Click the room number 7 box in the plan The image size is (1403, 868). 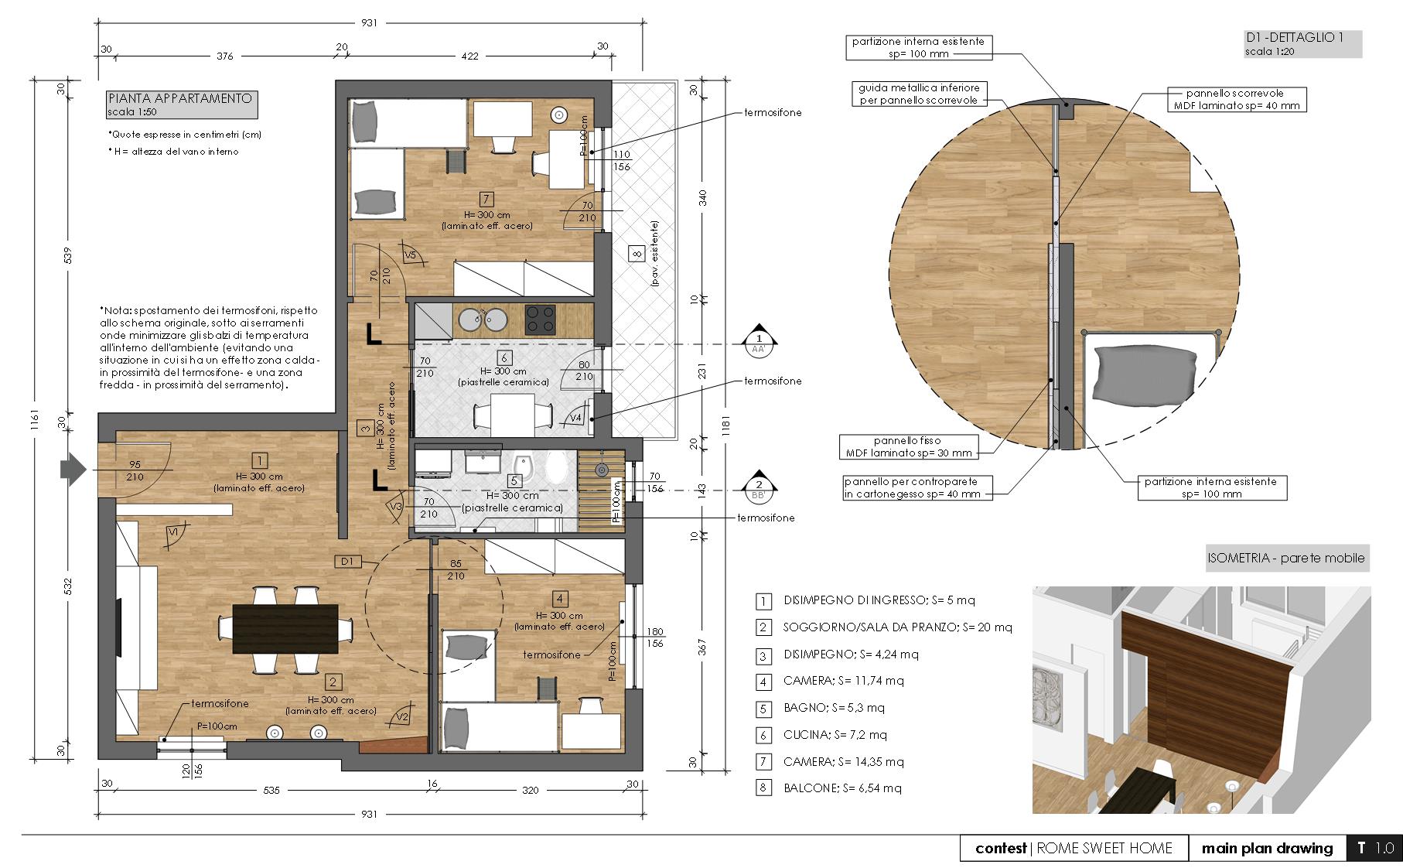pos(486,198)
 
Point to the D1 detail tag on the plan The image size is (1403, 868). pos(347,561)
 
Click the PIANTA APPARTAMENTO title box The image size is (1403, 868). pos(180,104)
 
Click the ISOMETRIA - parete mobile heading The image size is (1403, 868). pos(1287,558)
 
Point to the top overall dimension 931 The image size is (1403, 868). pos(369,23)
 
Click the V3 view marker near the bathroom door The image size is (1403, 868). pos(396,507)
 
